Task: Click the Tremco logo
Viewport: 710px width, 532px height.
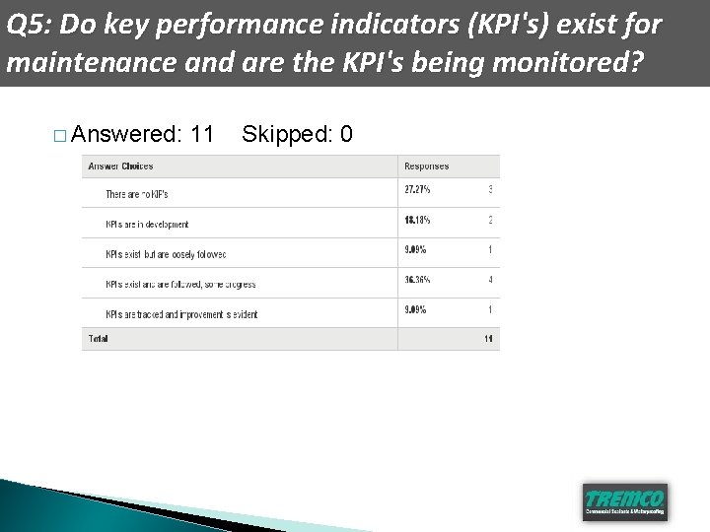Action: coord(624,500)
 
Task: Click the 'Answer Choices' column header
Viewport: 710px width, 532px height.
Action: coord(120,166)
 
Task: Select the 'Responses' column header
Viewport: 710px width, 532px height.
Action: coord(426,166)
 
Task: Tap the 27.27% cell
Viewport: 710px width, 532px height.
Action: coord(417,190)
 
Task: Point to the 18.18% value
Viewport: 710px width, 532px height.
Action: coord(417,220)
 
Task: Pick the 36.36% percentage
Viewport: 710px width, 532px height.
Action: coord(417,280)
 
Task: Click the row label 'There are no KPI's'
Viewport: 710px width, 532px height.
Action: coord(137,194)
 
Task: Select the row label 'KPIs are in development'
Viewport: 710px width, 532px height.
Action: coord(147,225)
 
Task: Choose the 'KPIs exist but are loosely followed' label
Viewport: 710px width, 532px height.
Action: coord(166,254)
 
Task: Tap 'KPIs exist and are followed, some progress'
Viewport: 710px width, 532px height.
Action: coord(180,285)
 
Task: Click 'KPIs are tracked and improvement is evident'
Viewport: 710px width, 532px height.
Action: coord(181,314)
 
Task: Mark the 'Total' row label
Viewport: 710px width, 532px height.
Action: coord(99,339)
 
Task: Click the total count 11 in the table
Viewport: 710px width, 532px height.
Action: coord(488,339)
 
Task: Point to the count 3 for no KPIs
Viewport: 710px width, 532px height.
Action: coord(490,190)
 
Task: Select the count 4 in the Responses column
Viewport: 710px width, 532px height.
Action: coord(490,280)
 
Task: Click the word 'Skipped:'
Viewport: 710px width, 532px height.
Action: coord(286,133)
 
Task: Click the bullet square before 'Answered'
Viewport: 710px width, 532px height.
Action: coord(60,135)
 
